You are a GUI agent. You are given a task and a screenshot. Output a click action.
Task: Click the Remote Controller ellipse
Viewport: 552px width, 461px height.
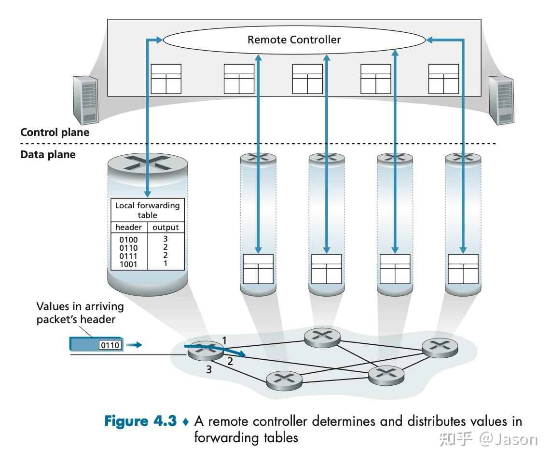pos(294,40)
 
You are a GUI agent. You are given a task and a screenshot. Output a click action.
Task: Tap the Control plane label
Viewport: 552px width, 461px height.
pos(55,132)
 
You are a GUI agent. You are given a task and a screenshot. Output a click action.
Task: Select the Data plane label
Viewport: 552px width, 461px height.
pos(48,155)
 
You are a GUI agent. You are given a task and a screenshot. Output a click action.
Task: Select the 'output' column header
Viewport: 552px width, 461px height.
pos(166,227)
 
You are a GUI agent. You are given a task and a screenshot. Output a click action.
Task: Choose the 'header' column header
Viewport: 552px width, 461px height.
pos(129,227)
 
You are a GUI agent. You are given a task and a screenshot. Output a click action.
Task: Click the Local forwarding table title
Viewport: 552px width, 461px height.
pos(147,210)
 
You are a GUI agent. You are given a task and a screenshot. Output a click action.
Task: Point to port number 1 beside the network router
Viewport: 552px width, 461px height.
pos(224,340)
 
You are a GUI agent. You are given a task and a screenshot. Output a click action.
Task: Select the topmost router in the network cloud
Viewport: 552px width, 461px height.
pos(322,337)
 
